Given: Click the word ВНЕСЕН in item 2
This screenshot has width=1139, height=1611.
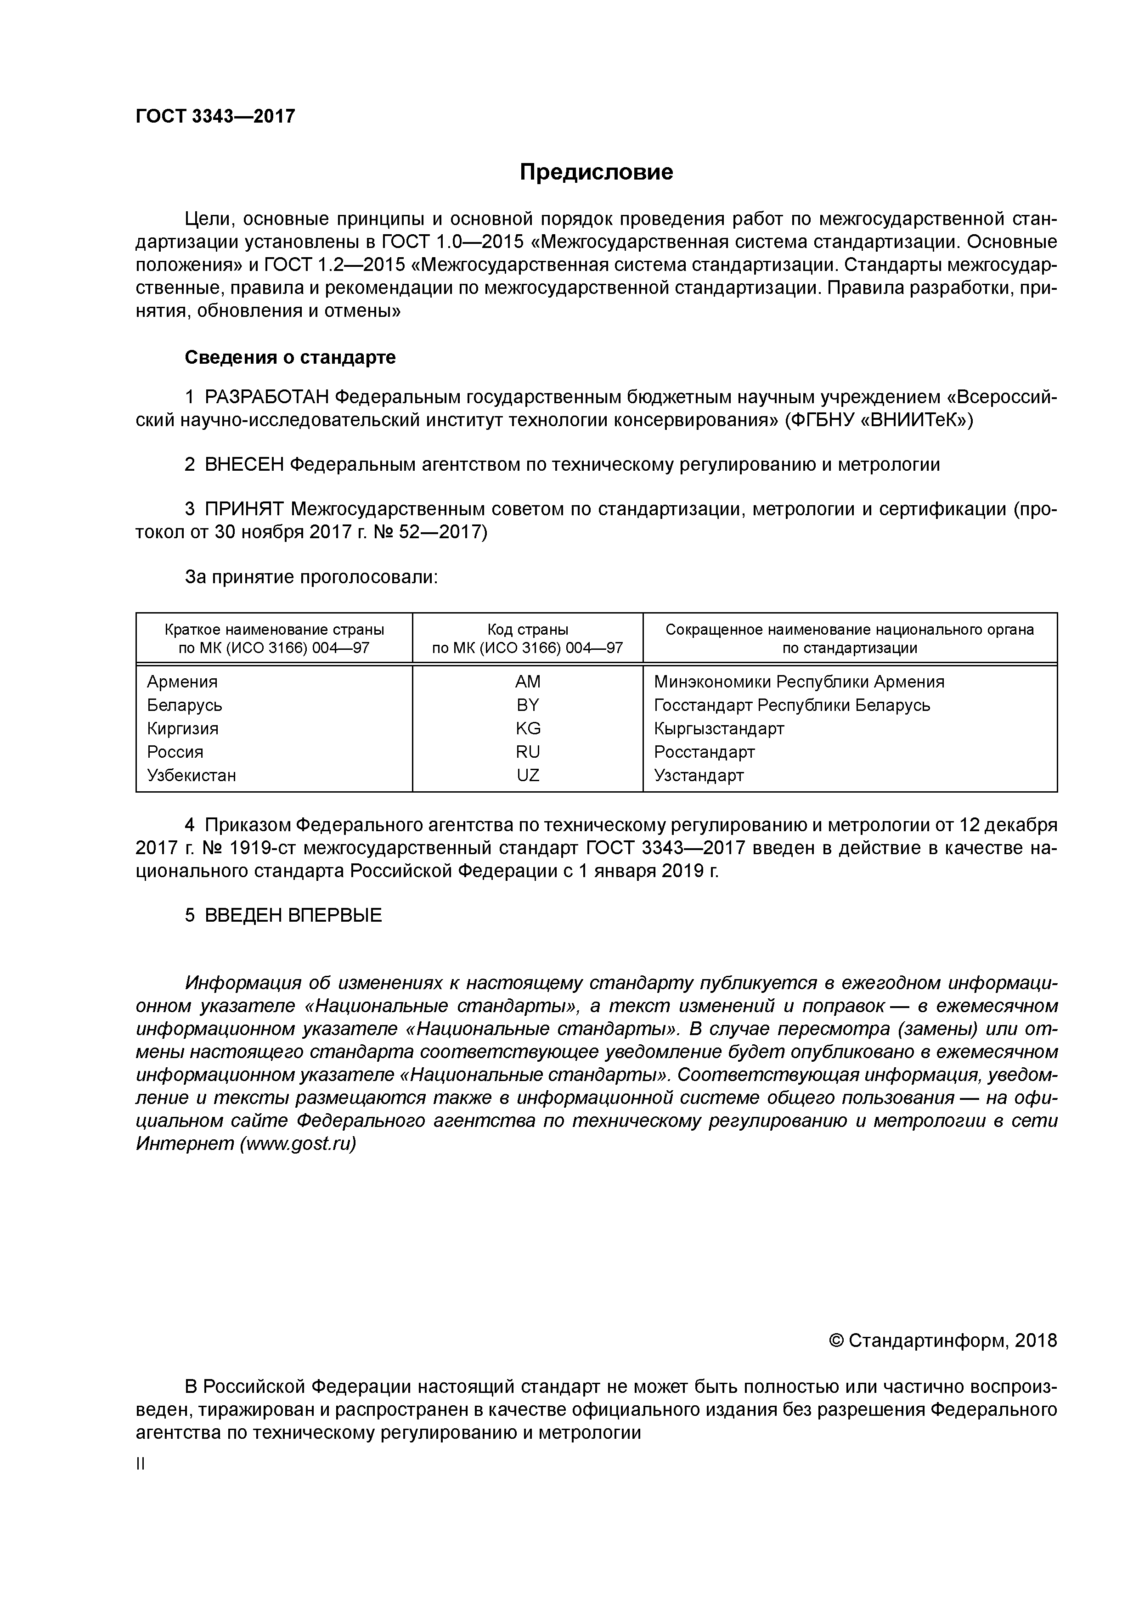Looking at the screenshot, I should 244,464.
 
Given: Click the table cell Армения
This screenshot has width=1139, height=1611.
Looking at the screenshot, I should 182,682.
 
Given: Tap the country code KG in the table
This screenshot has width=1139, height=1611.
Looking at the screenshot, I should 528,728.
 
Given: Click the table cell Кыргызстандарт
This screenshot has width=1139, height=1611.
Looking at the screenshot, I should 719,728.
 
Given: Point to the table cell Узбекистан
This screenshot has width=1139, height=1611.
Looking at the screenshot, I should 192,775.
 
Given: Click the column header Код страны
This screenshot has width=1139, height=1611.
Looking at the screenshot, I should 528,630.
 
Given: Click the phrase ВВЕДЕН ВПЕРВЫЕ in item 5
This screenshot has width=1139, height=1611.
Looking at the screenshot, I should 293,915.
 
